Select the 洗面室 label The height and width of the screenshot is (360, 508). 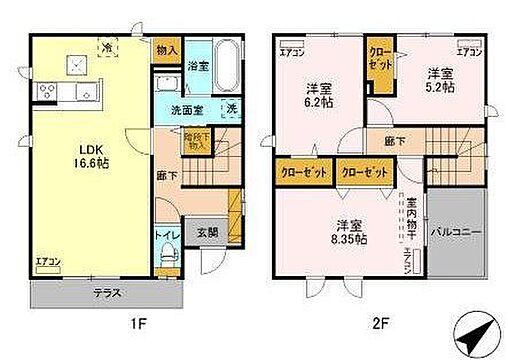[182, 109]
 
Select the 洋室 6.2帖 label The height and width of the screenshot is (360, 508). [320, 92]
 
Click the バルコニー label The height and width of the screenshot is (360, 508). [457, 232]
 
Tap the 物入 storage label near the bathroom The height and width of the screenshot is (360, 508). [167, 49]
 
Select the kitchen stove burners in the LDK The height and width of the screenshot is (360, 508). [48, 93]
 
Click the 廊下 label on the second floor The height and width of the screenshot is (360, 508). [396, 143]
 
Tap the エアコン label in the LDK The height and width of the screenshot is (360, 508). [47, 261]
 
